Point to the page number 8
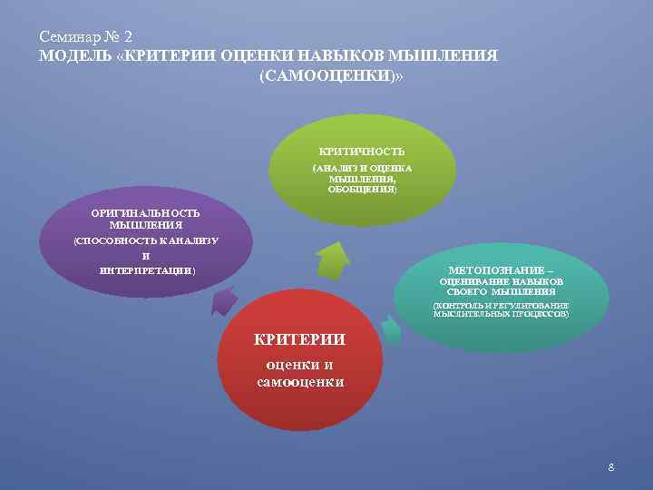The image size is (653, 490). pyautogui.click(x=611, y=467)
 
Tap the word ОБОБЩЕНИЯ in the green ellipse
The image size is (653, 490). pyautogui.click(x=361, y=191)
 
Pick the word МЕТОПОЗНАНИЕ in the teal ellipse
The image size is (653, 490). pyautogui.click(x=494, y=270)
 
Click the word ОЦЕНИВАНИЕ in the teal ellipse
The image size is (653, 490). pyautogui.click(x=471, y=282)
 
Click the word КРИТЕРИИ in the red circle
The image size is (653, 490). pyautogui.click(x=299, y=339)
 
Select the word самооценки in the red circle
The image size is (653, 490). pyautogui.click(x=300, y=382)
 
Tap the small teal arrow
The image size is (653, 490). pyautogui.click(x=391, y=329)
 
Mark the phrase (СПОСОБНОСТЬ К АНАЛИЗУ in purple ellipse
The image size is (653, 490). pyautogui.click(x=146, y=240)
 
